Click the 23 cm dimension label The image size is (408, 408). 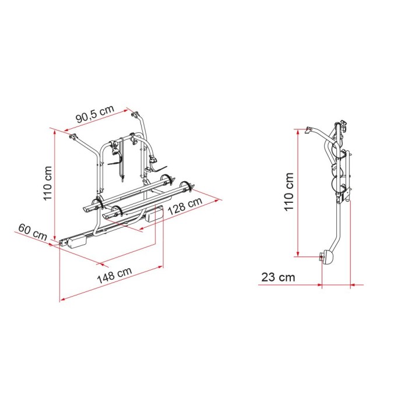[x=279, y=277]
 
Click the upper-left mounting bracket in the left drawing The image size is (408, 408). [x=74, y=139]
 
